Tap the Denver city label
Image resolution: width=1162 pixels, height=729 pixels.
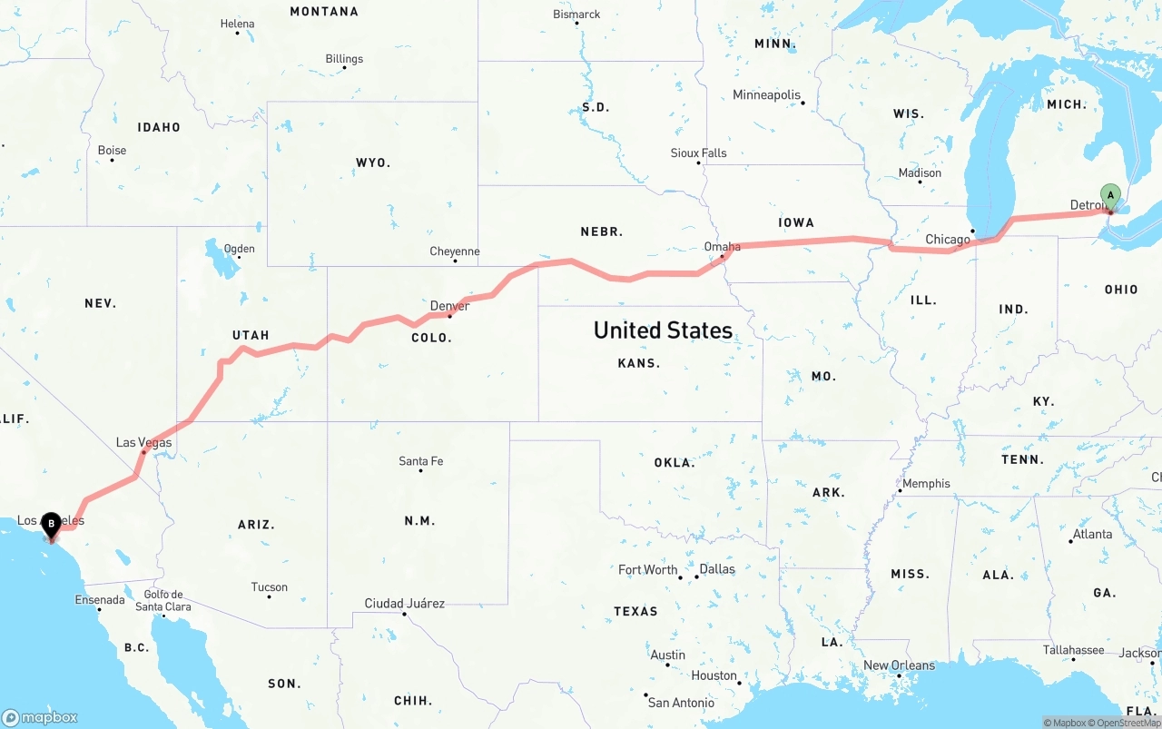click(x=449, y=306)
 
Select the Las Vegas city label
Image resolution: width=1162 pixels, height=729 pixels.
click(x=143, y=442)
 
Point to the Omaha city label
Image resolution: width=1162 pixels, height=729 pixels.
click(x=723, y=246)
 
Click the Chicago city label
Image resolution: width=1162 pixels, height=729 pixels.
click(x=948, y=240)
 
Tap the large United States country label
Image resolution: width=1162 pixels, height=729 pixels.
click(x=663, y=330)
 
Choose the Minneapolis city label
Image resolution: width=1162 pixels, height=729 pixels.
click(x=767, y=94)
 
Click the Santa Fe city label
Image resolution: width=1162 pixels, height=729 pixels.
click(x=421, y=461)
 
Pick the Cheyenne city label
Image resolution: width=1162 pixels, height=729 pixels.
click(x=455, y=251)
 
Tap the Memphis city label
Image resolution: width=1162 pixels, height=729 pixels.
click(x=926, y=483)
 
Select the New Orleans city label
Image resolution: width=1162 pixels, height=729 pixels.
click(x=899, y=665)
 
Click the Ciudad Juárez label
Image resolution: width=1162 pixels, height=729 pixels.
click(x=405, y=603)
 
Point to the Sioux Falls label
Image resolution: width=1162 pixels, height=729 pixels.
click(x=699, y=153)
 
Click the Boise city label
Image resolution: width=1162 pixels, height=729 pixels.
click(x=113, y=150)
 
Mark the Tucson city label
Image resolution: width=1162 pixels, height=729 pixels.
click(x=270, y=586)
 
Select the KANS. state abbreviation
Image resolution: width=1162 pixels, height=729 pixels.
click(x=638, y=363)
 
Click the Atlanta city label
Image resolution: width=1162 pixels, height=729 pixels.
click(x=1092, y=534)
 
